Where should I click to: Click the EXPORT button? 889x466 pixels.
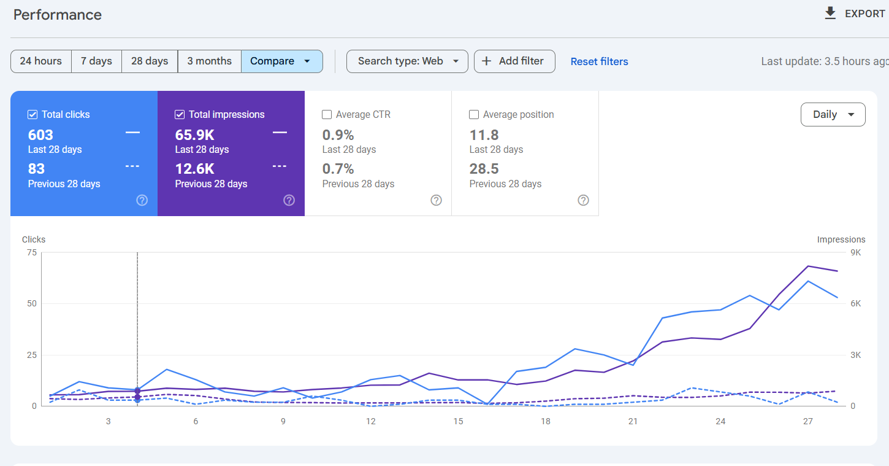pyautogui.click(x=855, y=14)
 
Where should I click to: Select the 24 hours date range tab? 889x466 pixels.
pyautogui.click(x=41, y=61)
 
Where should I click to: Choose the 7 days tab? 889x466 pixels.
pyautogui.click(x=96, y=61)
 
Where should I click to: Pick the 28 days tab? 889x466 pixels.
pyautogui.click(x=150, y=61)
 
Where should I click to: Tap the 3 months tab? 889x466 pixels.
pyautogui.click(x=209, y=61)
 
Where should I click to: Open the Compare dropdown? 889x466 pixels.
pyautogui.click(x=281, y=61)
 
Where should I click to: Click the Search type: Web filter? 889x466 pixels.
pyautogui.click(x=407, y=61)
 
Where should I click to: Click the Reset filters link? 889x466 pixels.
pyautogui.click(x=599, y=61)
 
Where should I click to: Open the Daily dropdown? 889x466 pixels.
pyautogui.click(x=833, y=115)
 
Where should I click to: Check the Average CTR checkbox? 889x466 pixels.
pyautogui.click(x=327, y=115)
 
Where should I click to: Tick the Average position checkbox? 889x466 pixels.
pyautogui.click(x=474, y=115)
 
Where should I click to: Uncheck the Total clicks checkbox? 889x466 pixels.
pyautogui.click(x=32, y=115)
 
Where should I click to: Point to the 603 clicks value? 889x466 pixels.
pyautogui.click(x=40, y=135)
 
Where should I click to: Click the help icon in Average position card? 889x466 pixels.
pyautogui.click(x=583, y=200)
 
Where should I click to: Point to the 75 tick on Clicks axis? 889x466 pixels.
pyautogui.click(x=31, y=252)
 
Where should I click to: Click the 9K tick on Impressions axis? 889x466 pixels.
pyautogui.click(x=855, y=252)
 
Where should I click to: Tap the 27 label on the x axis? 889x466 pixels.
pyautogui.click(x=808, y=421)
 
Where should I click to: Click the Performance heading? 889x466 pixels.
pyautogui.click(x=58, y=15)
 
